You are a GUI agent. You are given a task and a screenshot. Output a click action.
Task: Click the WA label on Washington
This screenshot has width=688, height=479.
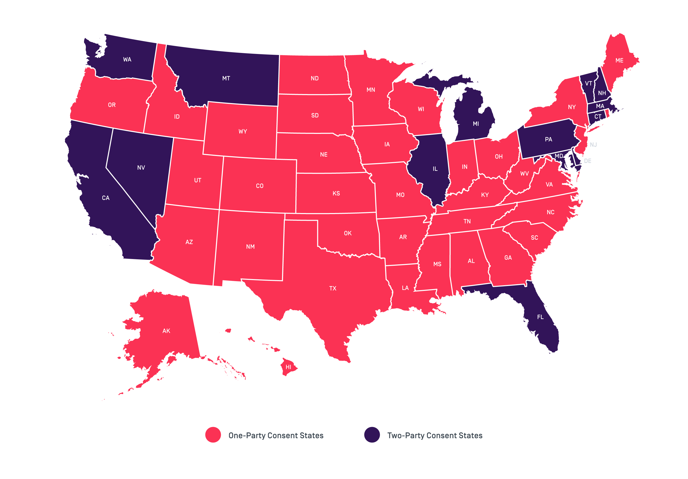[x=127, y=60]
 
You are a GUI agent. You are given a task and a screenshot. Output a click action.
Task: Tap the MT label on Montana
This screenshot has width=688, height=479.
[x=226, y=78]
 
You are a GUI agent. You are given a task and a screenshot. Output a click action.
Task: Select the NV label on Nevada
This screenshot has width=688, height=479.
[x=141, y=168]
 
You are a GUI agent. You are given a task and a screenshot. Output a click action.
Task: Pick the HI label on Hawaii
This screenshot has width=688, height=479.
[x=288, y=367]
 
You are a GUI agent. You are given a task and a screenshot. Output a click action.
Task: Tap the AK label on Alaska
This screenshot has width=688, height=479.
[x=166, y=331]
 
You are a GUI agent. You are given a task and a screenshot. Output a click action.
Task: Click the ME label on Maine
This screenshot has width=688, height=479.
[x=619, y=60]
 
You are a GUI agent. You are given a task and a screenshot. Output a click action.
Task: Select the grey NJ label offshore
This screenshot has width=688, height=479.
[x=593, y=145]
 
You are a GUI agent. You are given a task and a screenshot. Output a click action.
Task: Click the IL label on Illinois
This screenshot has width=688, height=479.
[x=435, y=169]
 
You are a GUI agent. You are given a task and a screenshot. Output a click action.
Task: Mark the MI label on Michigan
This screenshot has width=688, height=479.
[x=476, y=124]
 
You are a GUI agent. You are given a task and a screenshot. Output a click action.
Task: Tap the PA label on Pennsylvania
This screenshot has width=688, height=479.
[x=548, y=140]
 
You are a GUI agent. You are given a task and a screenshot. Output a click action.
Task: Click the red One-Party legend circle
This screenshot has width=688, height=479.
[x=213, y=435]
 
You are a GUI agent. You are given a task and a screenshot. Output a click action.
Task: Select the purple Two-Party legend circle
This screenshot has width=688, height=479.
[x=372, y=435]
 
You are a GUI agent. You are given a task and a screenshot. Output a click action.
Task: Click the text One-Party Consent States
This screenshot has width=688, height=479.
[x=276, y=436]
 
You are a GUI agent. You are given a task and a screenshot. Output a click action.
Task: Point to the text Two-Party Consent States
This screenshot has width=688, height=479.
[x=434, y=436]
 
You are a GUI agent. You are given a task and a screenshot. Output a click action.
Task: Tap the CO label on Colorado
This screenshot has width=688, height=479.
[x=259, y=186]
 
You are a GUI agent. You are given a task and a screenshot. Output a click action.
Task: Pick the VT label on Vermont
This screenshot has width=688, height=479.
[x=589, y=84]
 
